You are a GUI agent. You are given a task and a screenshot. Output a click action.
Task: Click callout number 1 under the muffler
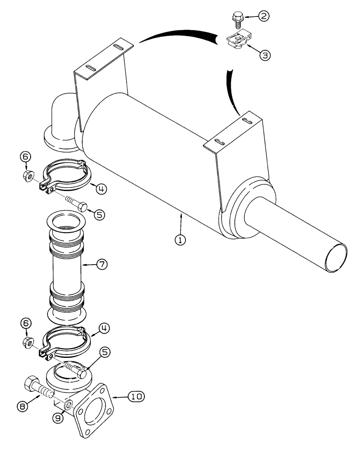182,239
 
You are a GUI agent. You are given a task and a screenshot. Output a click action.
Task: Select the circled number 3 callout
265,55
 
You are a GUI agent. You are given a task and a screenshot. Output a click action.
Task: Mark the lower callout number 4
104,328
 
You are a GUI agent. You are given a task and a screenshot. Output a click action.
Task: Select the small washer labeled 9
69,405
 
